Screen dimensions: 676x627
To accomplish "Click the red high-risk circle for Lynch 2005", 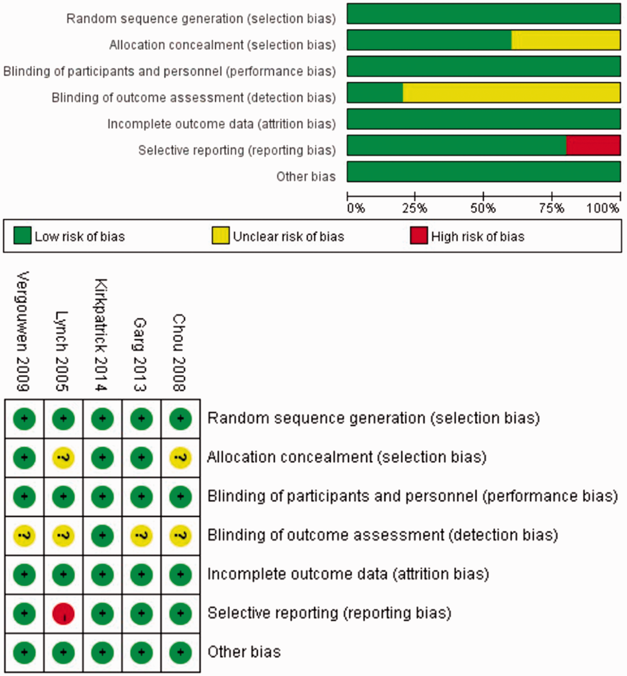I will point(63,613).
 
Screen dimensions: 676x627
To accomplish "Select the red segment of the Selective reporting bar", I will point(593,145).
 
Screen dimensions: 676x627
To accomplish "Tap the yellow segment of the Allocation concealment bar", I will point(566,40).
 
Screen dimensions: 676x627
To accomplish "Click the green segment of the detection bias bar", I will point(375,93).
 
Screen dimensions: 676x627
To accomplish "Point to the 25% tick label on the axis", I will point(415,208).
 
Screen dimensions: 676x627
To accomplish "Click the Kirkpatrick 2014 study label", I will point(101,335).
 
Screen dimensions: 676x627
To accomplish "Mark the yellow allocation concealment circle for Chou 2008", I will point(180,457).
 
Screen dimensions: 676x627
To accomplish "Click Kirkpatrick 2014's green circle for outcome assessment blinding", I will point(103,536).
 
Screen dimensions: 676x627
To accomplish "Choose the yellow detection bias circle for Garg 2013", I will point(142,536).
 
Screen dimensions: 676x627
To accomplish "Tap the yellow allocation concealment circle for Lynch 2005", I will point(63,457).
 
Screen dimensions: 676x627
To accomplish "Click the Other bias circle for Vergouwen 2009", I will point(24,652).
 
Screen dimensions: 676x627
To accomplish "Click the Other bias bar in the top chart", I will point(483,172).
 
